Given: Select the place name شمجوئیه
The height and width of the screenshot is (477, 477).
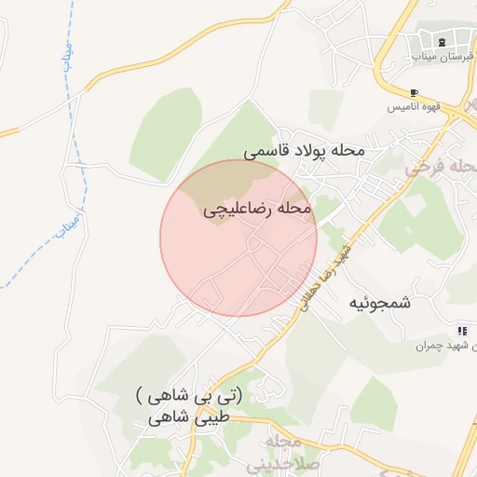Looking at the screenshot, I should click(x=380, y=304).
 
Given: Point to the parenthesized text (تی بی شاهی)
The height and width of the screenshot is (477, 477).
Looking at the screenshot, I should click(x=187, y=396).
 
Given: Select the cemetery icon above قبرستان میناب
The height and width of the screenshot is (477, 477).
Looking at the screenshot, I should click(x=441, y=41).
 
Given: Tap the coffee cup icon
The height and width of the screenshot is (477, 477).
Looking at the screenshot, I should click(x=414, y=92).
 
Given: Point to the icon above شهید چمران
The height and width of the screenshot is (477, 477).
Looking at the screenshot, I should click(x=461, y=331).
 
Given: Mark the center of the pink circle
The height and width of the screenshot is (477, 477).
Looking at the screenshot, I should click(x=238, y=238).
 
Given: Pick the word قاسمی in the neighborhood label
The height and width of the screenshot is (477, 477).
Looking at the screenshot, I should click(x=264, y=149).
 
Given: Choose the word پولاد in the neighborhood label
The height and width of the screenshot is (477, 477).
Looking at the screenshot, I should click(x=307, y=149).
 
